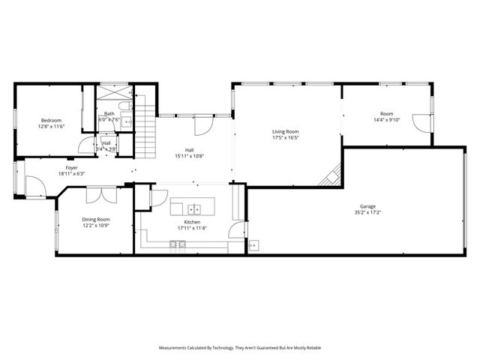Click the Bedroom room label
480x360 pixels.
[x=51, y=120]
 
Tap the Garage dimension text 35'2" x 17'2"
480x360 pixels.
[x=367, y=212]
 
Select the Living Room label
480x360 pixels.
[x=285, y=132]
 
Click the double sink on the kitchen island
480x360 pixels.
[x=194, y=209]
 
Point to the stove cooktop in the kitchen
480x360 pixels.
[x=178, y=244]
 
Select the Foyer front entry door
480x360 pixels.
[x=34, y=184]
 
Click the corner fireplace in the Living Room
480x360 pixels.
[x=330, y=178]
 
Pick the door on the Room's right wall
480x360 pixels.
[x=425, y=124]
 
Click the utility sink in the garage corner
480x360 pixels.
[x=253, y=244]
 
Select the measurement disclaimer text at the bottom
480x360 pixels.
[x=240, y=348]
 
